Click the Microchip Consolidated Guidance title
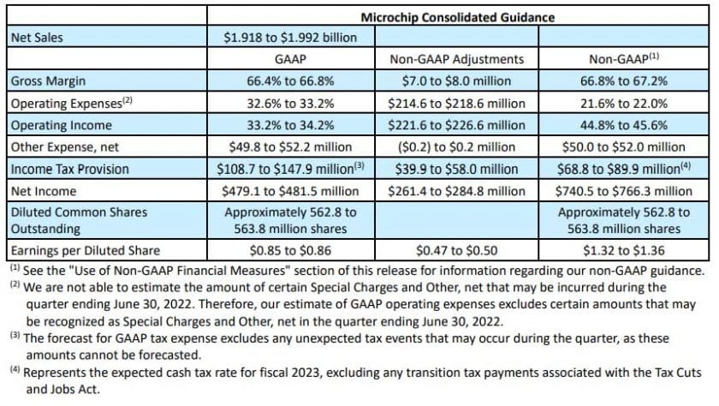pyautogui.click(x=456, y=16)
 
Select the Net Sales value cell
pyautogui.click(x=290, y=37)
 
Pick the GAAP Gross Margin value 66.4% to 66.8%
pyautogui.click(x=290, y=81)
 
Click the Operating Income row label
pyautogui.click(x=58, y=124)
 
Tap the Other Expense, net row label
pyautogui.click(x=63, y=146)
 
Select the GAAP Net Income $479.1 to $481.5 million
pyautogui.click(x=290, y=189)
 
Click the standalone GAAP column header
pyautogui.click(x=290, y=59)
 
